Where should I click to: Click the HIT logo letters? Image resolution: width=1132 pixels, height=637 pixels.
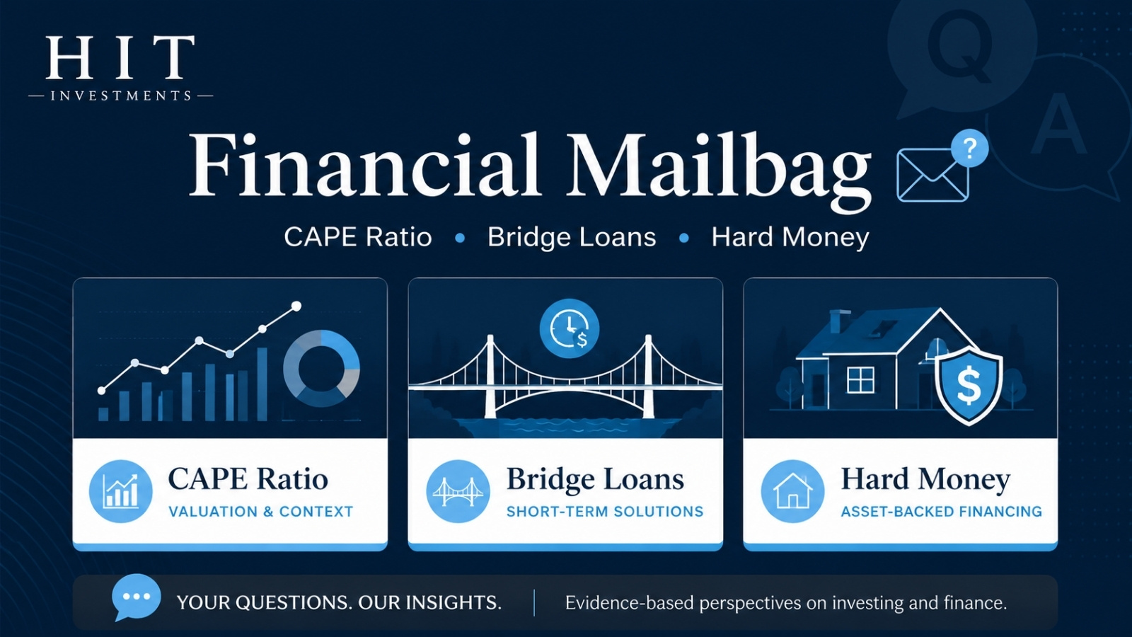point(120,57)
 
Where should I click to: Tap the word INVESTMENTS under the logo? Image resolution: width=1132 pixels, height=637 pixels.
point(121,96)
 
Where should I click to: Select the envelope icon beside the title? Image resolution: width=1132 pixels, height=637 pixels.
point(932,175)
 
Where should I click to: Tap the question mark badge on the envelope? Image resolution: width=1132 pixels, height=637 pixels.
point(969,149)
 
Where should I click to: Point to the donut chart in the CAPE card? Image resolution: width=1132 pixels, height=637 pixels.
point(321,369)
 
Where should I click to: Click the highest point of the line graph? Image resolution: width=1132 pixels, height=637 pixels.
point(296,306)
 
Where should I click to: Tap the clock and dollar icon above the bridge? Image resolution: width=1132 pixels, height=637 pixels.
point(570,328)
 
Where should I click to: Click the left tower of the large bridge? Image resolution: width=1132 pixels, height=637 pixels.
point(490,376)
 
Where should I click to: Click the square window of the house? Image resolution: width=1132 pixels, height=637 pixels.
point(860,379)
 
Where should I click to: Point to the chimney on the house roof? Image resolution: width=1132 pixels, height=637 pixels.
point(837,321)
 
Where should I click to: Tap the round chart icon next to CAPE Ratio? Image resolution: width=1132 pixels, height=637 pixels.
point(121,491)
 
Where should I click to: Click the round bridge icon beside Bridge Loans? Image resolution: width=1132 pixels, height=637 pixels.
point(458,491)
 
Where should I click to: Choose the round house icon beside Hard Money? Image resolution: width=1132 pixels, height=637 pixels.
point(792,491)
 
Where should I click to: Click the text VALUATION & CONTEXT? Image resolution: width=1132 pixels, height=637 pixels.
point(261,512)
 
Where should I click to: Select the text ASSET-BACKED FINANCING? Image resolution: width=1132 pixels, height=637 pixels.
point(942,512)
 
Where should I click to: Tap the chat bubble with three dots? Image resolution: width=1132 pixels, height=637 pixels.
point(136,597)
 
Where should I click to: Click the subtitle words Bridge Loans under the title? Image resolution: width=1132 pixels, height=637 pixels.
point(572,237)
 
